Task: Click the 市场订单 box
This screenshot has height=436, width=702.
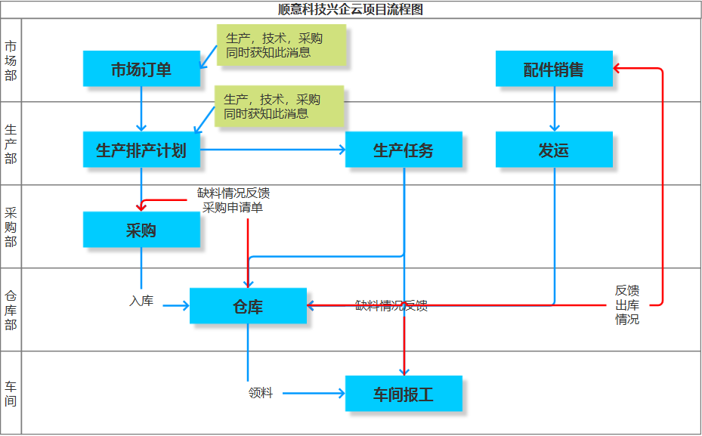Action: pyautogui.click(x=141, y=70)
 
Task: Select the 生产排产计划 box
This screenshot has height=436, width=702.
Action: pyautogui.click(x=141, y=150)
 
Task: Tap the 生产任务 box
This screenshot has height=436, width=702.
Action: pyautogui.click(x=404, y=150)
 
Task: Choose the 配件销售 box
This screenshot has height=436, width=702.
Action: pyautogui.click(x=554, y=70)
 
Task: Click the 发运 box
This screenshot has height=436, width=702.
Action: pyautogui.click(x=554, y=150)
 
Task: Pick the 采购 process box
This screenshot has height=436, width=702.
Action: pyautogui.click(x=141, y=230)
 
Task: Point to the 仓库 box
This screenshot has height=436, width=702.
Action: pyautogui.click(x=248, y=306)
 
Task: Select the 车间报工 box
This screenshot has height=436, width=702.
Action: pyautogui.click(x=404, y=394)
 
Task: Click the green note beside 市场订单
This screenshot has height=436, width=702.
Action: pyautogui.click(x=281, y=45)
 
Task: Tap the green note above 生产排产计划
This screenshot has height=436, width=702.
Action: pyautogui.click(x=279, y=106)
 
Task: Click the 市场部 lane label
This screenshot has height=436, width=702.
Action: pyautogui.click(x=11, y=60)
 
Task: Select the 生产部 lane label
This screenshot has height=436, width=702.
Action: pyautogui.click(x=11, y=144)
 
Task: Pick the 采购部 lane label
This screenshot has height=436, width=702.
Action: pyautogui.click(x=11, y=227)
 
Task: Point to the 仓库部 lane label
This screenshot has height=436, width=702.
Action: pyautogui.click(x=11, y=310)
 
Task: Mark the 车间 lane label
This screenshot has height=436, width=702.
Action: pyautogui.click(x=11, y=393)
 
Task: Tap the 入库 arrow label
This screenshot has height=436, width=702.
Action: pyautogui.click(x=141, y=301)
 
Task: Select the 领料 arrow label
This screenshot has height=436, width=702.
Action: pyautogui.click(x=261, y=393)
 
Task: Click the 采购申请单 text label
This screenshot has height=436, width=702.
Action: pyautogui.click(x=233, y=207)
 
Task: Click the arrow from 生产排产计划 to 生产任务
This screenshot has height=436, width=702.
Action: pyautogui.click(x=272, y=150)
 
